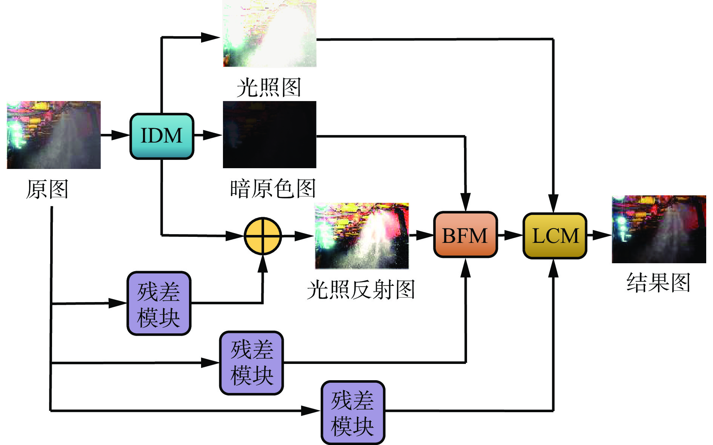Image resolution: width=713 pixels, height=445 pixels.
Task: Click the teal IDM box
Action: (x=161, y=136)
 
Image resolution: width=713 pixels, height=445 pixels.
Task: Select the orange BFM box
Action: (x=465, y=235)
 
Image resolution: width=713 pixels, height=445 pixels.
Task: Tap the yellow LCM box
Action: (x=555, y=236)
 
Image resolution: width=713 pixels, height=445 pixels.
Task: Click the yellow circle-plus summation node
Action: (x=263, y=236)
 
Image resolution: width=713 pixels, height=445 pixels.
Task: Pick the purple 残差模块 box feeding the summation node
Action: (x=159, y=303)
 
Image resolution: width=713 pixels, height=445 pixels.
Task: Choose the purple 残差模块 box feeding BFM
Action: (x=252, y=363)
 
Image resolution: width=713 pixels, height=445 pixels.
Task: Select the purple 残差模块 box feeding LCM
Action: (x=353, y=412)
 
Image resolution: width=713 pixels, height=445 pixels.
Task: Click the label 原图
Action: (x=47, y=189)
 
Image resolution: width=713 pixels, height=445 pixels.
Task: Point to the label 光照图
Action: (x=269, y=87)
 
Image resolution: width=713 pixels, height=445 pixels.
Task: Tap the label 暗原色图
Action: (x=272, y=189)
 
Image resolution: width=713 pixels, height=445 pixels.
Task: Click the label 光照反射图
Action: (x=361, y=290)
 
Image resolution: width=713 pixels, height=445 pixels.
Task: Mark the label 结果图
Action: (x=658, y=282)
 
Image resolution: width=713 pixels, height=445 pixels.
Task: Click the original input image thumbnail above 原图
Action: (x=54, y=135)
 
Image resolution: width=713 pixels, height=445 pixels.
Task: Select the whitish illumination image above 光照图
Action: (x=269, y=34)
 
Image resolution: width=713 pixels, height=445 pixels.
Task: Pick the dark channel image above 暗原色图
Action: (x=269, y=134)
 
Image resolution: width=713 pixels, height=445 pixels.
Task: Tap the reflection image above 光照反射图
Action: (x=362, y=236)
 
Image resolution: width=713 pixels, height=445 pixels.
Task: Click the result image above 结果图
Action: (x=659, y=229)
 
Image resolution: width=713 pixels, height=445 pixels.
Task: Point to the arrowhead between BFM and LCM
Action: (x=514, y=235)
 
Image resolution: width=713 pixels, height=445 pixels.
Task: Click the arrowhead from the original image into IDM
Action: (x=121, y=135)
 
